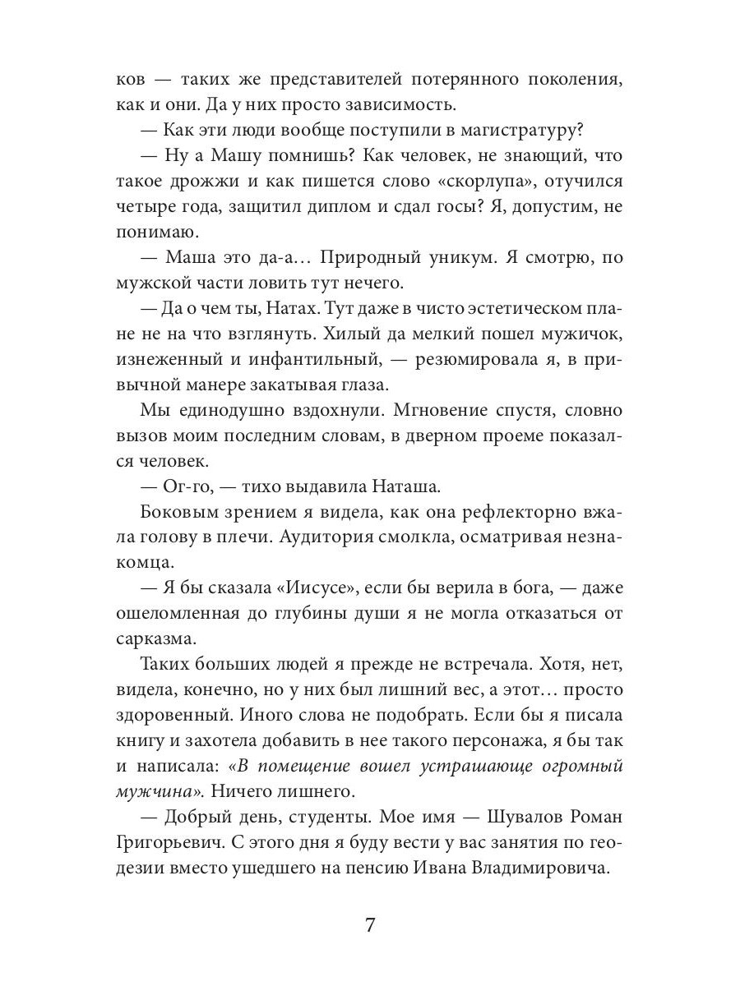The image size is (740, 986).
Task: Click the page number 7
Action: (x=369, y=925)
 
